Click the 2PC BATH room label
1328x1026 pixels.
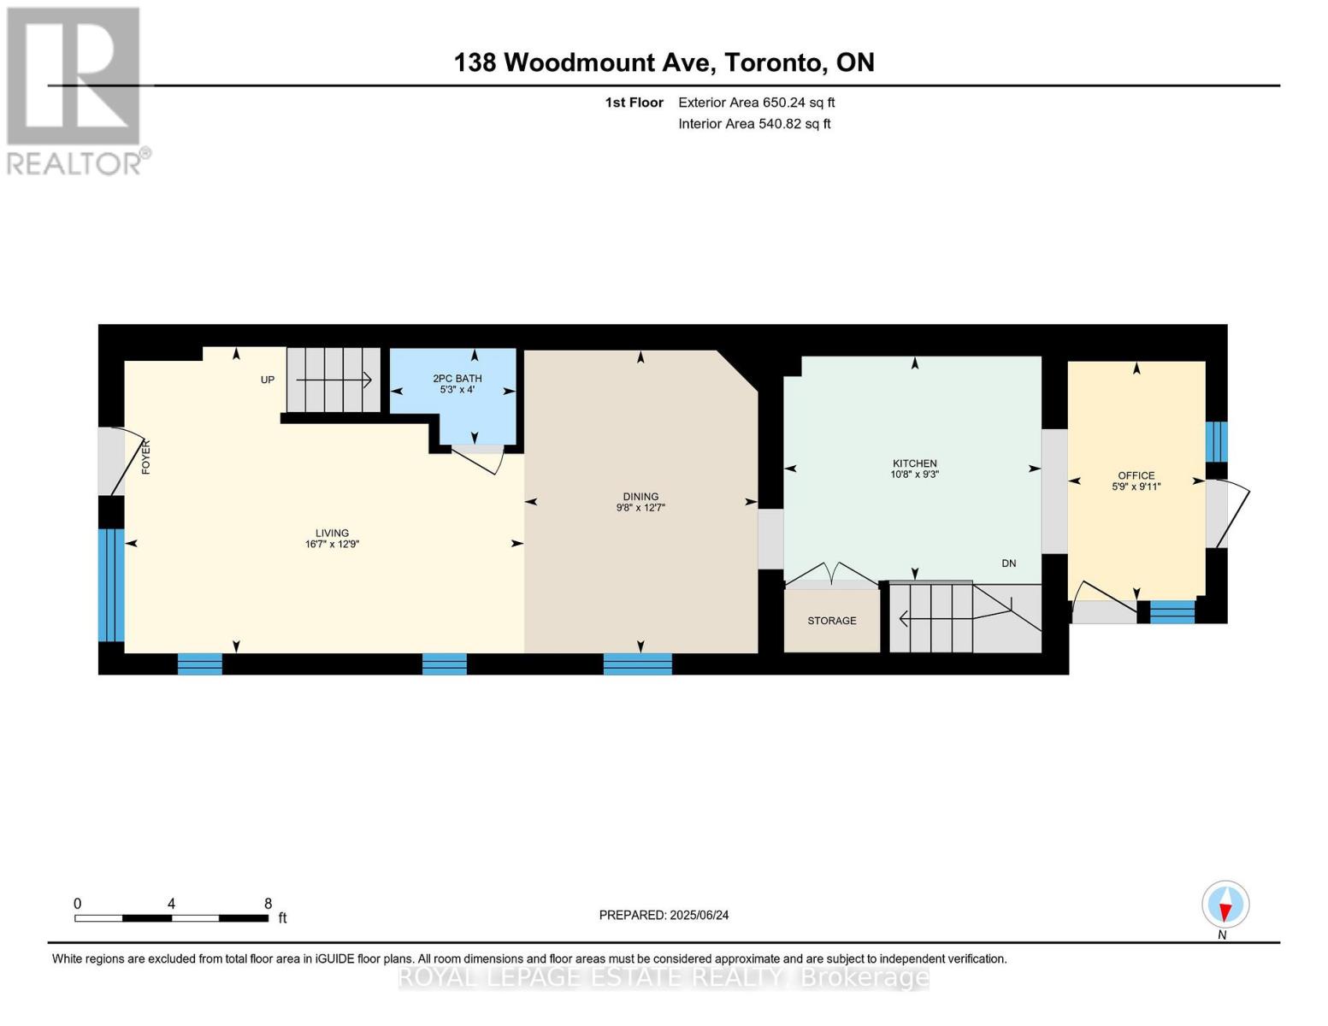point(457,378)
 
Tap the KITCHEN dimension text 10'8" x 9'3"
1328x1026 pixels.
point(914,475)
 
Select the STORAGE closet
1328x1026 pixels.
point(832,621)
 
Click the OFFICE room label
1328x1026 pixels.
point(1136,475)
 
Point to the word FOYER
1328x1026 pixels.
point(145,457)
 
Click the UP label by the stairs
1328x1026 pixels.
point(268,380)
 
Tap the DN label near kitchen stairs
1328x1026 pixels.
point(1009,563)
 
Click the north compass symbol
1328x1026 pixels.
point(1225,905)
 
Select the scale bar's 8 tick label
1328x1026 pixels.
point(268,904)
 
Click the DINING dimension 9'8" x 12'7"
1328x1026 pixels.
point(640,508)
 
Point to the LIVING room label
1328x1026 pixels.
point(332,533)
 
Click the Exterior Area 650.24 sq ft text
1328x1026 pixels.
point(756,103)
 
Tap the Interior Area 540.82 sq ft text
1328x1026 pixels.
point(754,124)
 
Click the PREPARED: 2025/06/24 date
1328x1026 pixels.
point(664,915)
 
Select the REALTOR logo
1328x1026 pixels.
point(74,90)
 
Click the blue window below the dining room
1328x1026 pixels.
point(637,663)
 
